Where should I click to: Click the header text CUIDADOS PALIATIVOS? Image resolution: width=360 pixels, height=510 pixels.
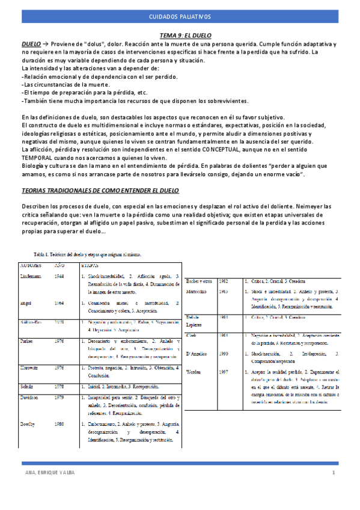(x=180, y=17)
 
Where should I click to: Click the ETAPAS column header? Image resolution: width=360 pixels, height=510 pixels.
(x=91, y=265)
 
